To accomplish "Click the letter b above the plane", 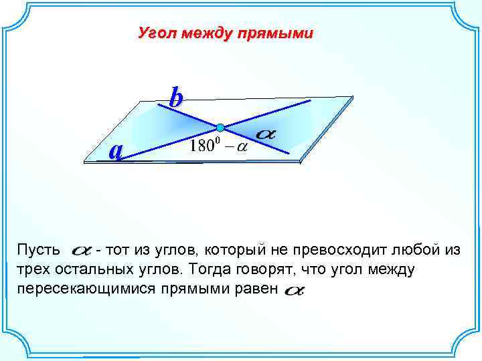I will click(x=175, y=98).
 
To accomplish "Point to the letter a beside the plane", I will click(x=116, y=152).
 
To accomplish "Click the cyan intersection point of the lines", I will click(x=220, y=127).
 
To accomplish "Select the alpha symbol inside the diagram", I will click(x=266, y=134).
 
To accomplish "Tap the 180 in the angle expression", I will click(x=202, y=146).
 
